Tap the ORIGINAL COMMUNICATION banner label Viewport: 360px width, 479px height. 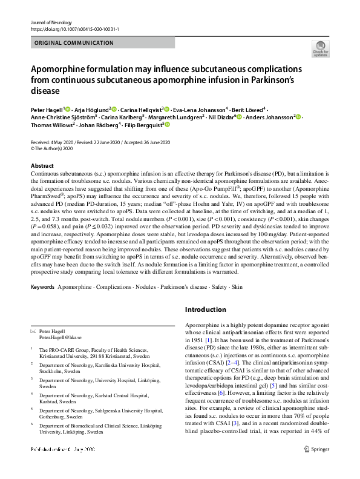click(74, 43)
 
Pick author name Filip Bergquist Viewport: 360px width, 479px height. click(143, 125)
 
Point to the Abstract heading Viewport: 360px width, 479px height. click(42, 165)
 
